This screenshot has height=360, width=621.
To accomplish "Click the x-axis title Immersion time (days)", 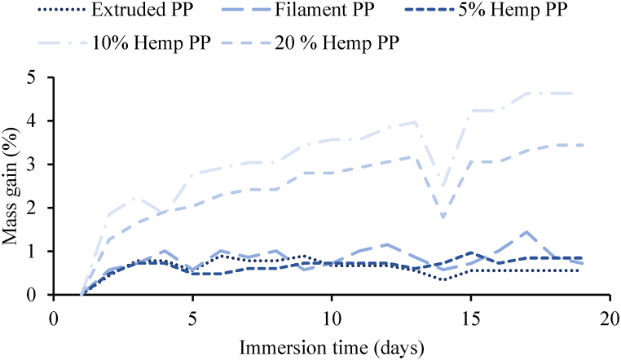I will (332, 348).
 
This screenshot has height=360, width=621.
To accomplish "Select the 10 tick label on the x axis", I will (332, 316).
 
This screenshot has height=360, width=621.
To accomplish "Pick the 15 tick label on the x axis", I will (470, 316).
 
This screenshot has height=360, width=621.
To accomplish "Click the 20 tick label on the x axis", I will (609, 316).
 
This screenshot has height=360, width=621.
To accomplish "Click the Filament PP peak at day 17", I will (526, 232).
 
